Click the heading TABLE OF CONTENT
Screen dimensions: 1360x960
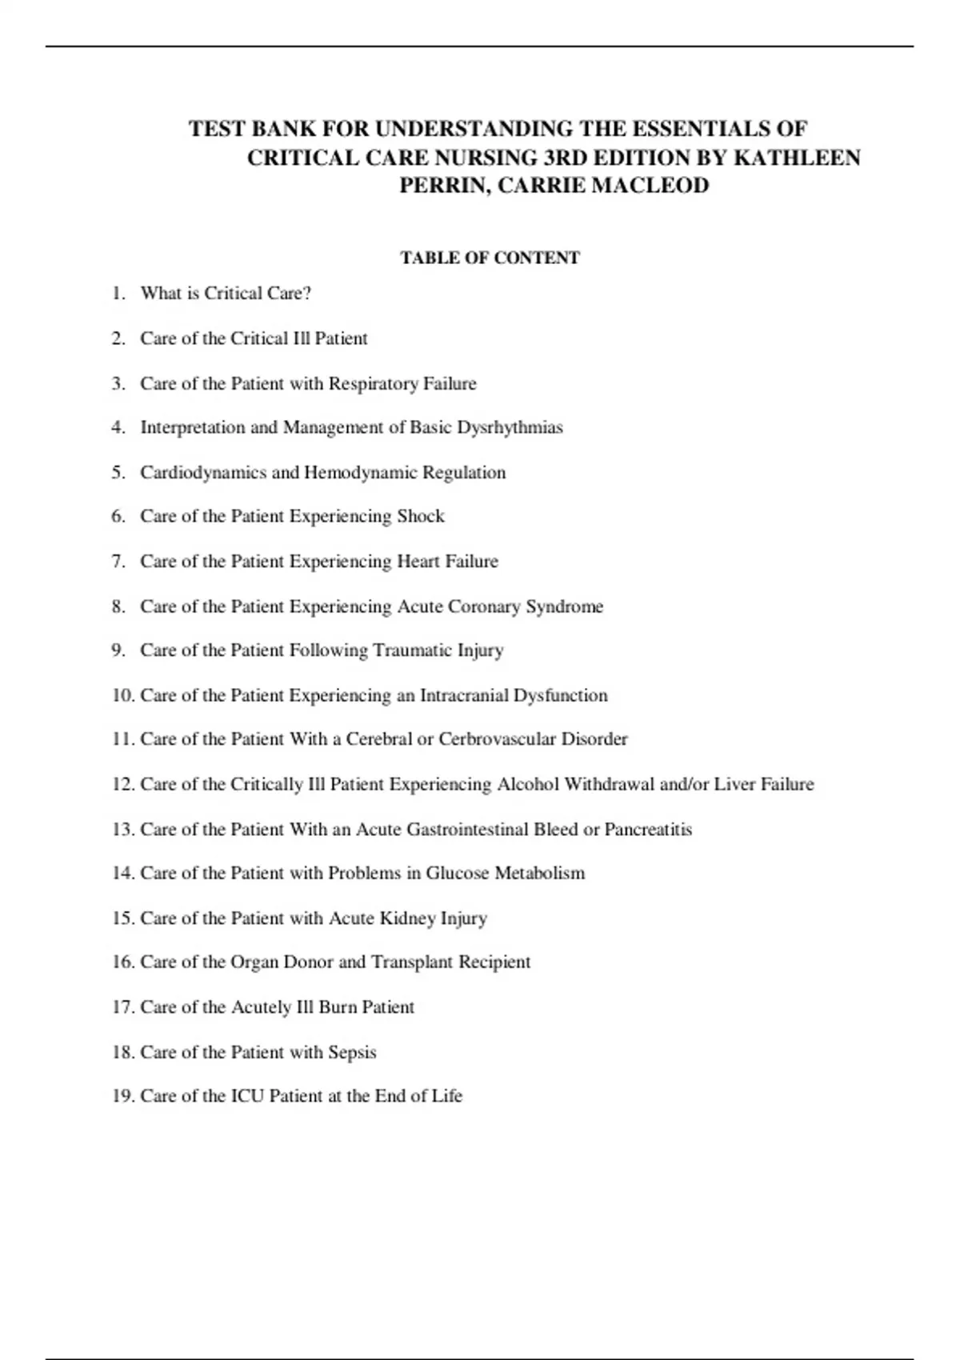point(490,258)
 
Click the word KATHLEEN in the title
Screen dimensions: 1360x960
point(797,158)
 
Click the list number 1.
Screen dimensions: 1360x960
point(118,294)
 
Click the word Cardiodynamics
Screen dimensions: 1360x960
point(203,473)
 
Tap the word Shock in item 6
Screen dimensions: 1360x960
point(421,517)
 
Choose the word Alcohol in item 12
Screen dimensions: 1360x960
point(528,785)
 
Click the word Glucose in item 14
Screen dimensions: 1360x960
point(457,874)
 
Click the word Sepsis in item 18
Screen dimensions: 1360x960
point(352,1053)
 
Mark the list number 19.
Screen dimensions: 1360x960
point(123,1096)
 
